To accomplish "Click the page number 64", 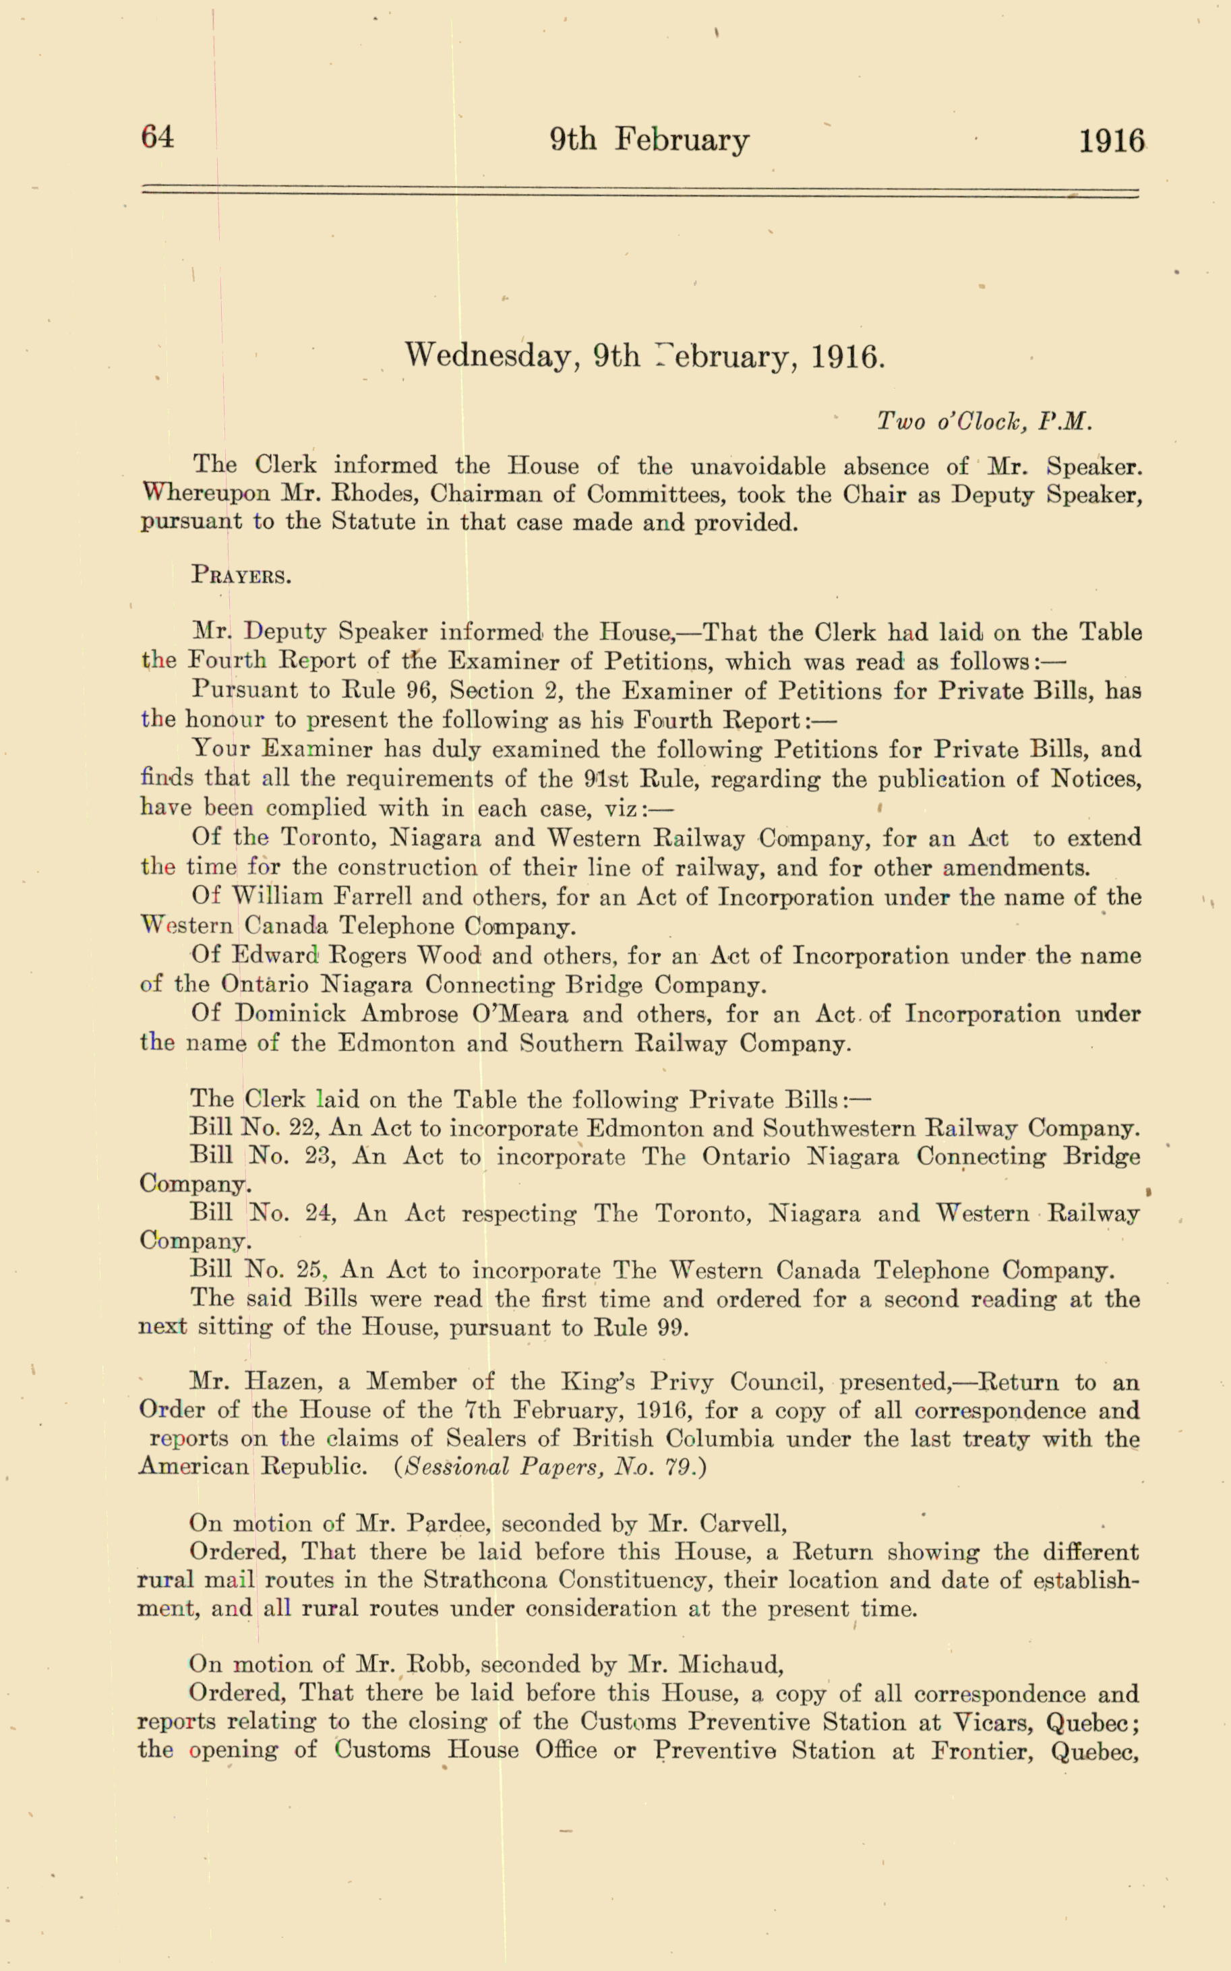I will (157, 137).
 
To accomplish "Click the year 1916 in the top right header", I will (1111, 141).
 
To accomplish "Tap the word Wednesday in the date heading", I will (491, 356).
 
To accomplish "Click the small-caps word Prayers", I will (241, 576).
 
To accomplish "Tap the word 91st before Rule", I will (607, 779).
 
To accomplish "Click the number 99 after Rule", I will (671, 1328).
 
